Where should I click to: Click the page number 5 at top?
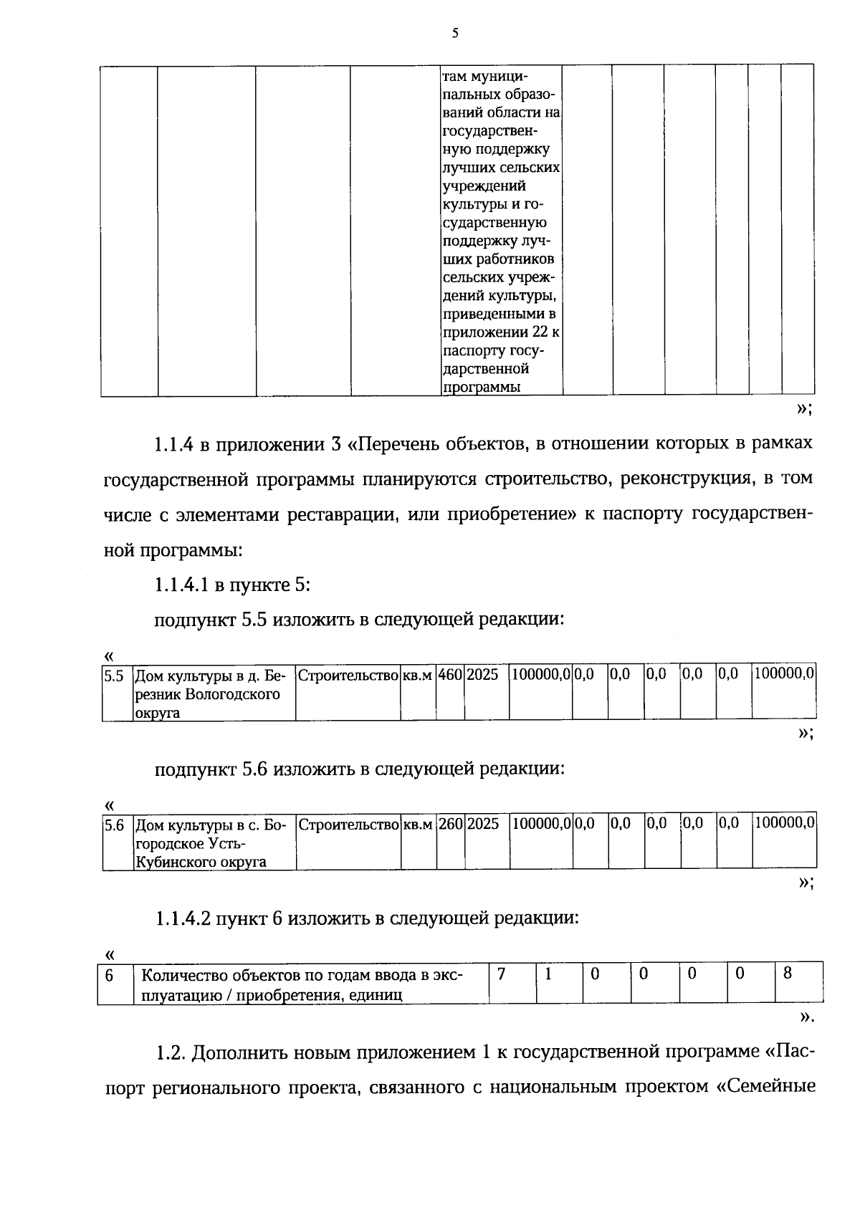(x=454, y=33)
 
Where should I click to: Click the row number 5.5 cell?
(x=114, y=675)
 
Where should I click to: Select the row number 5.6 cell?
(x=114, y=825)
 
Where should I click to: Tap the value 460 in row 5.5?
(x=449, y=675)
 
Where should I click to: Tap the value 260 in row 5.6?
(x=450, y=825)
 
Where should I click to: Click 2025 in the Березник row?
(x=482, y=675)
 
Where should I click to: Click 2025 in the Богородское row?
(x=483, y=825)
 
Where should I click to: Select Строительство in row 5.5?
(x=348, y=675)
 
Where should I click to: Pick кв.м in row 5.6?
(x=418, y=825)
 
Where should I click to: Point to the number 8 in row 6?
(x=787, y=974)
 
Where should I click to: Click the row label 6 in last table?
(x=110, y=976)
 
